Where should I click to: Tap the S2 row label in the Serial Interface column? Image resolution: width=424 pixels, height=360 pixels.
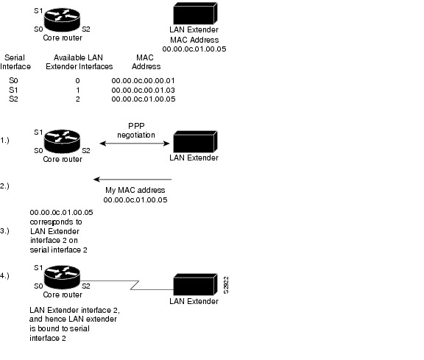[13, 98]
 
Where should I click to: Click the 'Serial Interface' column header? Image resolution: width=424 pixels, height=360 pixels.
[17, 61]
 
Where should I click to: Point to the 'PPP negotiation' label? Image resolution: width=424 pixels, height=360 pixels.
[136, 130]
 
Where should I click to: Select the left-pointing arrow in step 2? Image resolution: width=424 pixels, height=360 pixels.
[132, 179]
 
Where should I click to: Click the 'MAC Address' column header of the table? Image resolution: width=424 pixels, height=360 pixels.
[145, 61]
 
